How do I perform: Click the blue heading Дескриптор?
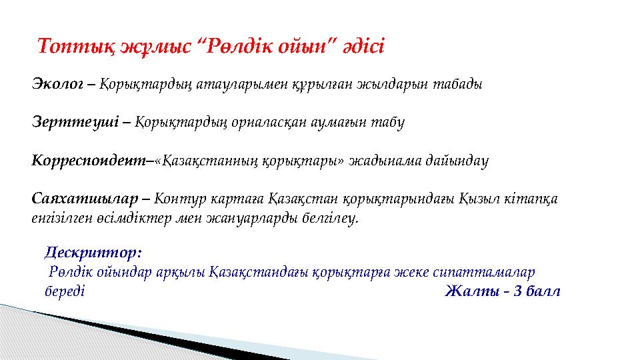pos(93,253)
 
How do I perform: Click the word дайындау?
pos(459,161)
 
